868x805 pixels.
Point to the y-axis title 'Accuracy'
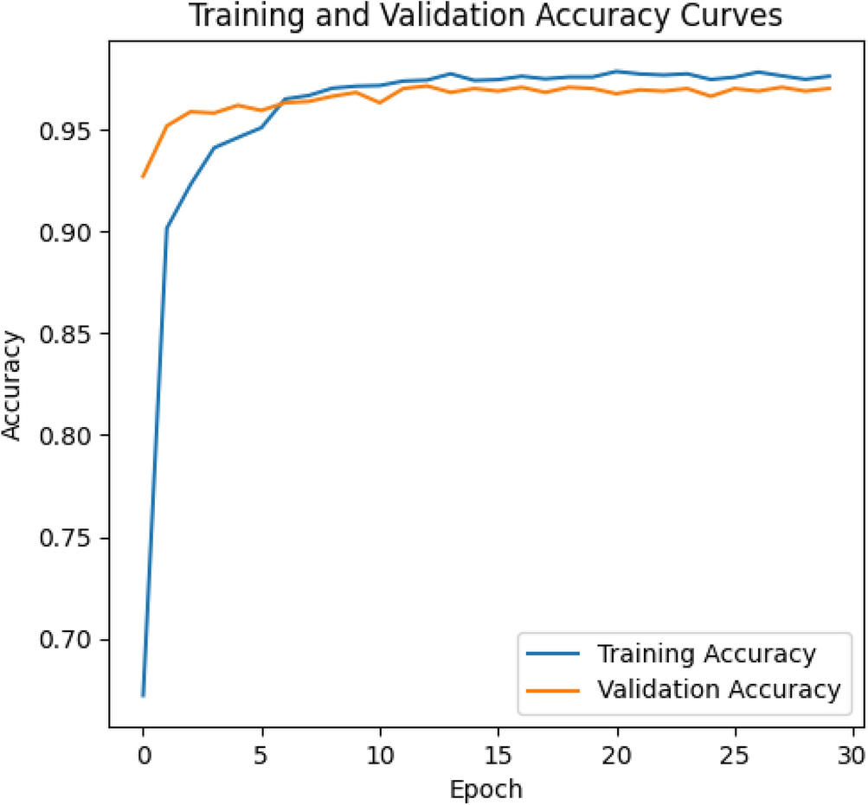[x=12, y=385]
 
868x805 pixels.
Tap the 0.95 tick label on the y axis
[x=68, y=131]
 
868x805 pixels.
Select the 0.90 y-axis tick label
[x=68, y=233]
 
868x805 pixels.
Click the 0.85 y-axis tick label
[x=68, y=335]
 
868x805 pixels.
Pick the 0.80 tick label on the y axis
[x=68, y=437]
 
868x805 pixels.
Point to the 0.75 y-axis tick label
[x=68, y=539]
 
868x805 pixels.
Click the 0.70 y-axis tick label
[x=68, y=641]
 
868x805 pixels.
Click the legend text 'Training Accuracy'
[x=705, y=654]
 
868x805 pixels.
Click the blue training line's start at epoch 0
[x=143, y=695]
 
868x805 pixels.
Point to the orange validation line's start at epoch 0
[x=143, y=177]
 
